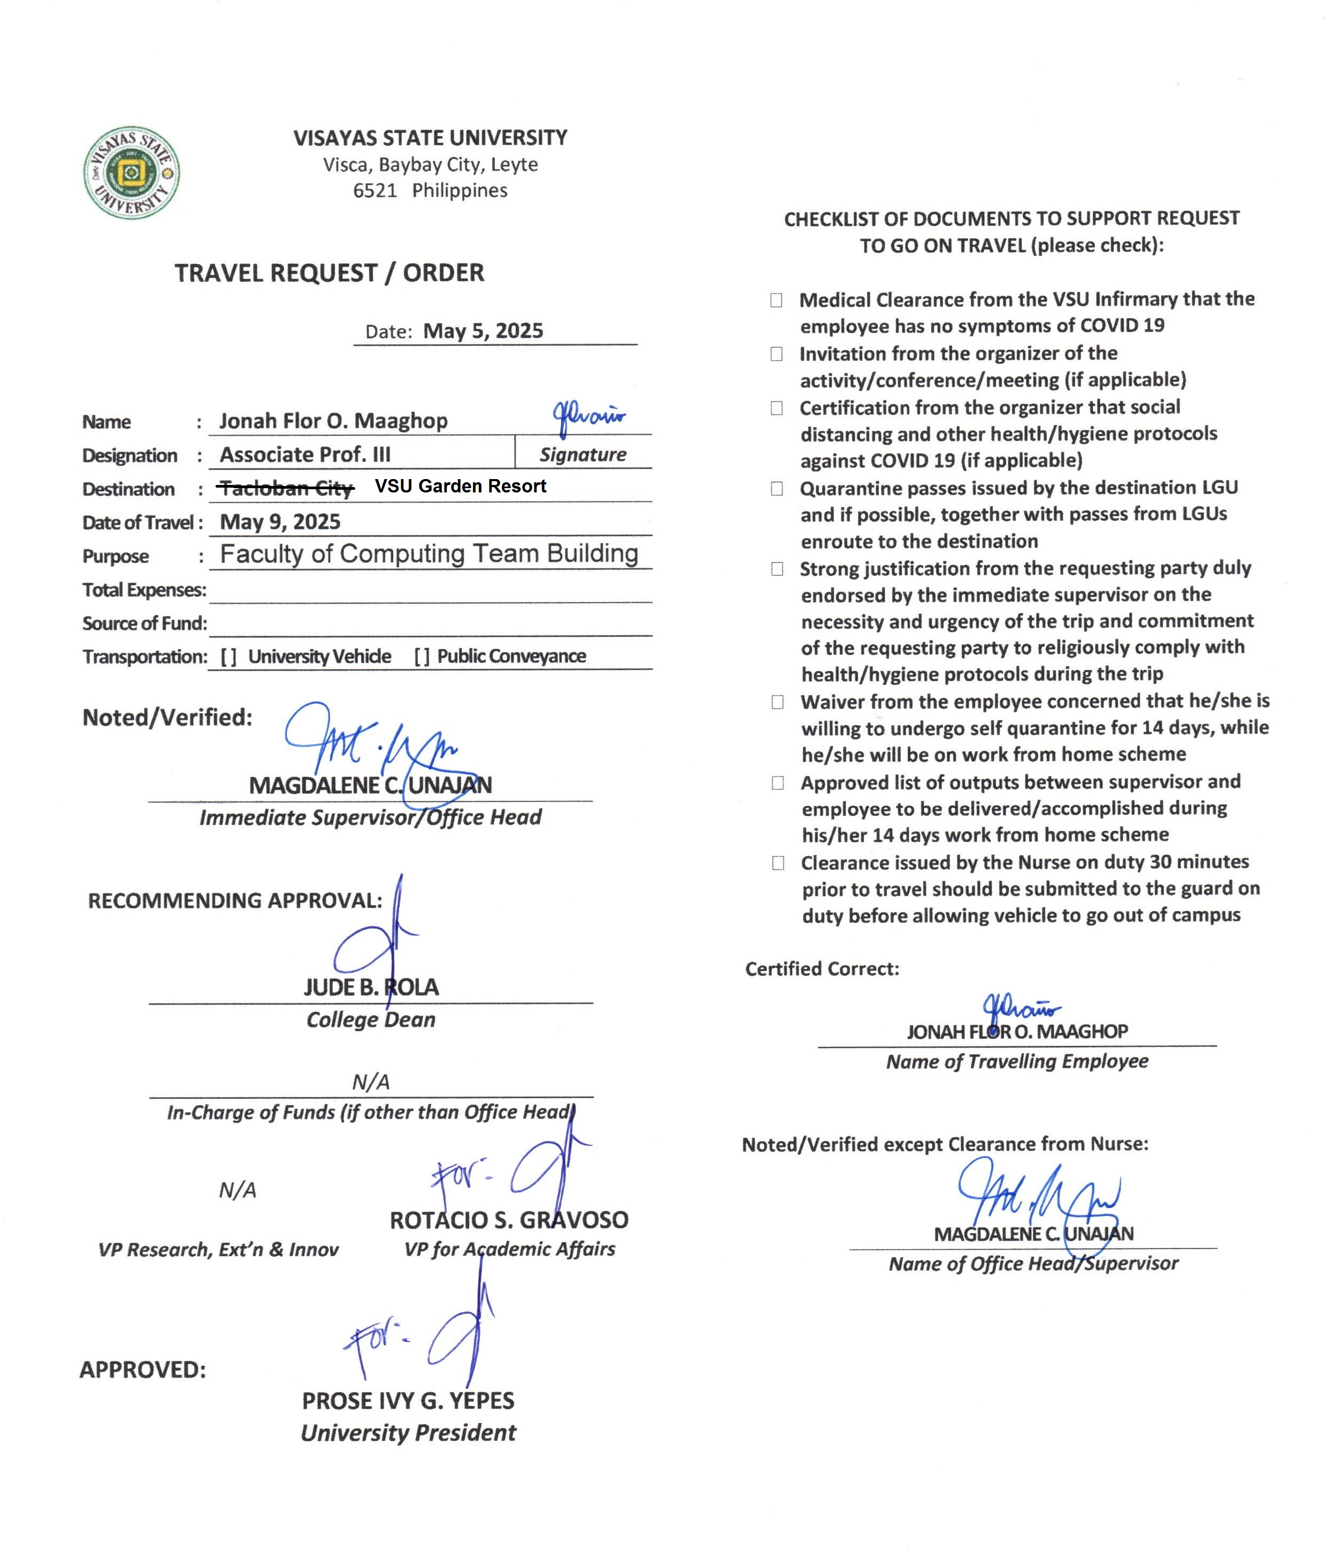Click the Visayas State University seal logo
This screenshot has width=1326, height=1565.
coord(131,173)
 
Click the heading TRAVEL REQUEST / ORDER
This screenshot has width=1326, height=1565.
coord(329,273)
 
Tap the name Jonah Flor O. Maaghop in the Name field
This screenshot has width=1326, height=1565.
coord(333,421)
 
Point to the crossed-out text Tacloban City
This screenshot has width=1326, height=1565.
coord(286,489)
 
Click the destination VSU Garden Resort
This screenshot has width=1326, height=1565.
coord(460,486)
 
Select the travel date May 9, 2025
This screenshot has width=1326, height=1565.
coord(280,521)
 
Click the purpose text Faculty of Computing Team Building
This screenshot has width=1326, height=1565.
coord(428,554)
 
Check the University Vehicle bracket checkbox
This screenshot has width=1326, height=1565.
coord(228,657)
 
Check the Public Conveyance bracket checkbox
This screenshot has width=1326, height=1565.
coord(421,657)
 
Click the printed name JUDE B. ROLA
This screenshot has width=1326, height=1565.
coord(371,987)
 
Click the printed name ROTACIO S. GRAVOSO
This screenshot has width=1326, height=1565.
coord(509,1220)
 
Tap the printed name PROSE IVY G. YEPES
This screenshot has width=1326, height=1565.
coord(408,1400)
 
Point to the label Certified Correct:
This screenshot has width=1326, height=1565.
coord(822,969)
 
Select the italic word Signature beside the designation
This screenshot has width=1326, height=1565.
coord(582,454)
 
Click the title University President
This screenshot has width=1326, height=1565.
coord(408,1433)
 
